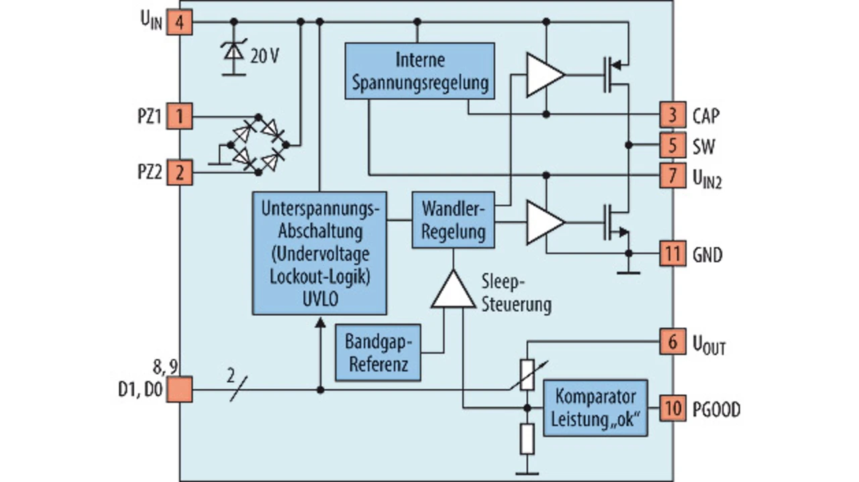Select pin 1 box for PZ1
click(x=179, y=117)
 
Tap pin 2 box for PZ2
click(x=179, y=173)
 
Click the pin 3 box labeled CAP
click(x=672, y=115)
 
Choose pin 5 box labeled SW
click(x=672, y=145)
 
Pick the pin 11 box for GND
click(x=672, y=254)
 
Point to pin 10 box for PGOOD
click(x=672, y=408)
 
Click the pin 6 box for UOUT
click(x=672, y=342)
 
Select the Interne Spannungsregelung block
click(x=419, y=71)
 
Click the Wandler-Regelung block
click(x=453, y=220)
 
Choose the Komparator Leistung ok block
click(x=595, y=408)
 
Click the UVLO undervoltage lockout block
click(x=319, y=253)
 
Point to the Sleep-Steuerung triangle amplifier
click(x=453, y=292)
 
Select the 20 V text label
click(x=264, y=56)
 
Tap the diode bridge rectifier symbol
click(x=258, y=145)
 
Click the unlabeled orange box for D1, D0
click(x=179, y=389)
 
